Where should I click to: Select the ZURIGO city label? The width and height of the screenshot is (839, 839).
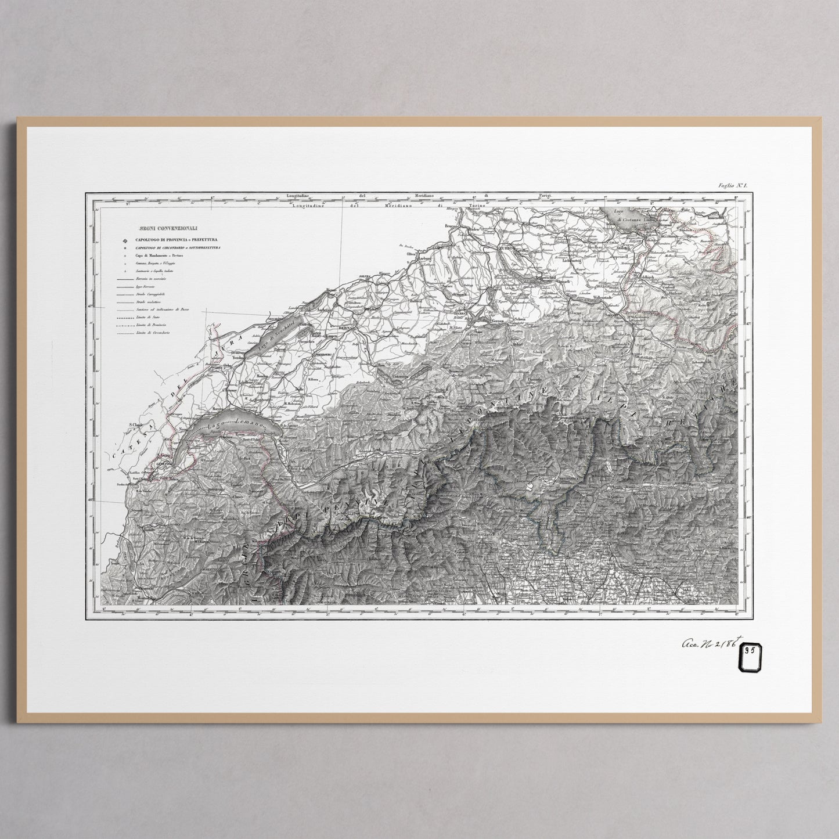507,247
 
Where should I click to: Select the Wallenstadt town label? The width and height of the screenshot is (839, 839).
605,298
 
